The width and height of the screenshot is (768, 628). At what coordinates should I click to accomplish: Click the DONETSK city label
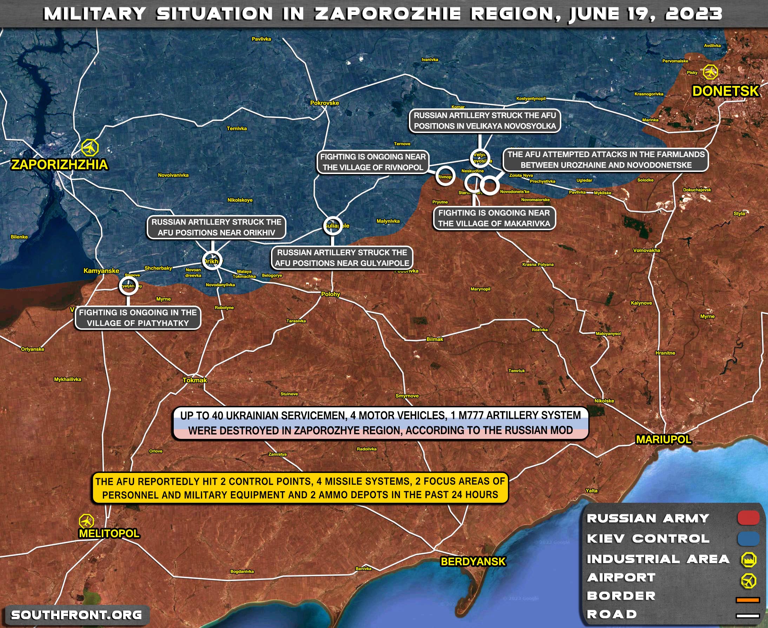pos(725,91)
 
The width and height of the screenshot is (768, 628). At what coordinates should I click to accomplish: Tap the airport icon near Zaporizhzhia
pos(90,148)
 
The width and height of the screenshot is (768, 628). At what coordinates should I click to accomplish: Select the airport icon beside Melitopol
pos(86,521)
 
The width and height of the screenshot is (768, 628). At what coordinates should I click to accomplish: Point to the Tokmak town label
pos(195,380)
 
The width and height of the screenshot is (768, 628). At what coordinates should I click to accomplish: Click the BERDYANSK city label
pos(473,561)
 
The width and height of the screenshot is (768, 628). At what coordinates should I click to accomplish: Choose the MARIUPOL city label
pos(664,440)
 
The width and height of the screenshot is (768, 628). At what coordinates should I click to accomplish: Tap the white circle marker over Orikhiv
pos(212,261)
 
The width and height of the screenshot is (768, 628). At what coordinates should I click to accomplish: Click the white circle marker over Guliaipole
pos(333,226)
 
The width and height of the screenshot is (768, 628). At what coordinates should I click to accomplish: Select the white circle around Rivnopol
pos(445,176)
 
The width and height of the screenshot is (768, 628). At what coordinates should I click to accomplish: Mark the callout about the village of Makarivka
pos(494,218)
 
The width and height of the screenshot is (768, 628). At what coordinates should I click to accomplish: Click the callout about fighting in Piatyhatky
pos(138,318)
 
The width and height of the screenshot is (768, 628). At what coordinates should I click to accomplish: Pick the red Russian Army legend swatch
pos(748,518)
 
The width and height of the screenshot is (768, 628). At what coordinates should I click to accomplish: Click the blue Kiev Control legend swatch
pos(748,538)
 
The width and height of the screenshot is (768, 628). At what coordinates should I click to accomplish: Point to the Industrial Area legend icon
pos(748,559)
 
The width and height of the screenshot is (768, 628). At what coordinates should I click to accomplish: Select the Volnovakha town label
pos(647,250)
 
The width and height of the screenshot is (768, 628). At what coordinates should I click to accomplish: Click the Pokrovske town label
pos(325,103)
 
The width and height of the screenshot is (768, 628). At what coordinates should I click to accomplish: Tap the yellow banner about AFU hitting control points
pos(300,488)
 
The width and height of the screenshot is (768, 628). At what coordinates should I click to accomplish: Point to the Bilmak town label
pos(435,339)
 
